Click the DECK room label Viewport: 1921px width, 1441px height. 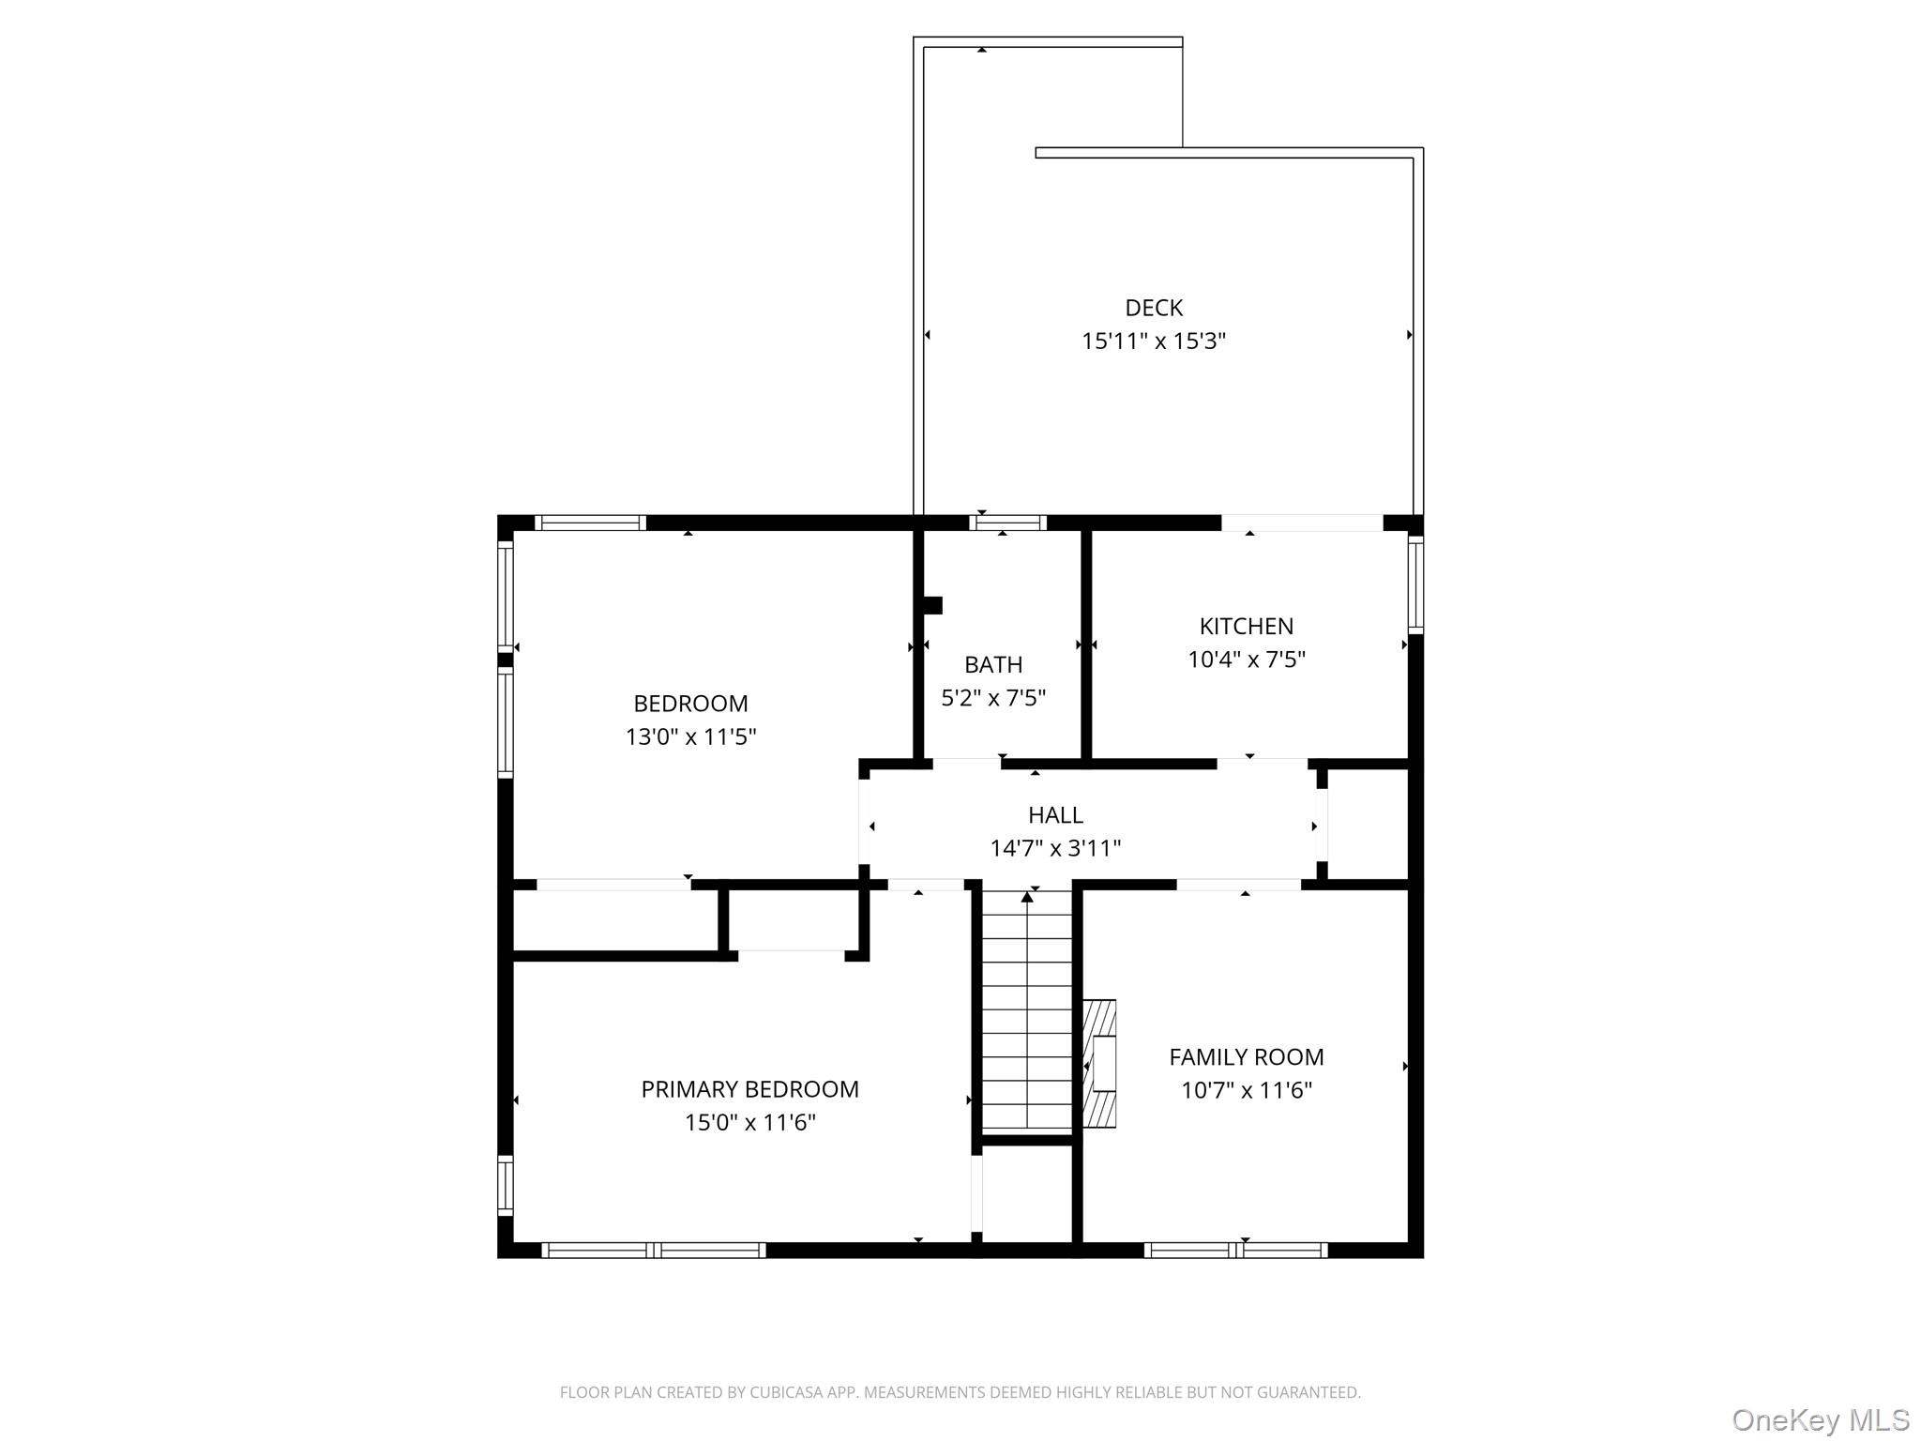tap(1153, 308)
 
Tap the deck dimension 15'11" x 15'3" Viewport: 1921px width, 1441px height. tap(1153, 341)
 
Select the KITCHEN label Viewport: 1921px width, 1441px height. tap(1246, 626)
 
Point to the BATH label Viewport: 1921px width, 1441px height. tap(992, 664)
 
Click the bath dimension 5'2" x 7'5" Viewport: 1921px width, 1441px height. tap(992, 698)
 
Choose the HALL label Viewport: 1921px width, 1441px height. tap(1054, 814)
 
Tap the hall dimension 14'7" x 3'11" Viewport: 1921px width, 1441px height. tap(1054, 848)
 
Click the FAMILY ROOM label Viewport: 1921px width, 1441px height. tap(1246, 1056)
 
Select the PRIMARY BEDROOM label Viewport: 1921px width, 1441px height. tap(749, 1088)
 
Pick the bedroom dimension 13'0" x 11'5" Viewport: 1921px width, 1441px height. tap(690, 736)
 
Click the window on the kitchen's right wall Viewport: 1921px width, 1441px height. tap(1415, 584)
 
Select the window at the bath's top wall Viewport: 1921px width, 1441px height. tap(1007, 523)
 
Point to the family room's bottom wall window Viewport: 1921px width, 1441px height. tap(1235, 1250)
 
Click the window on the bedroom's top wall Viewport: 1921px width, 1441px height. tap(590, 523)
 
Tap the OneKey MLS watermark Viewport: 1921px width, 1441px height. tap(1820, 1419)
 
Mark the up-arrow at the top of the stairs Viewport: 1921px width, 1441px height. tap(1027, 898)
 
